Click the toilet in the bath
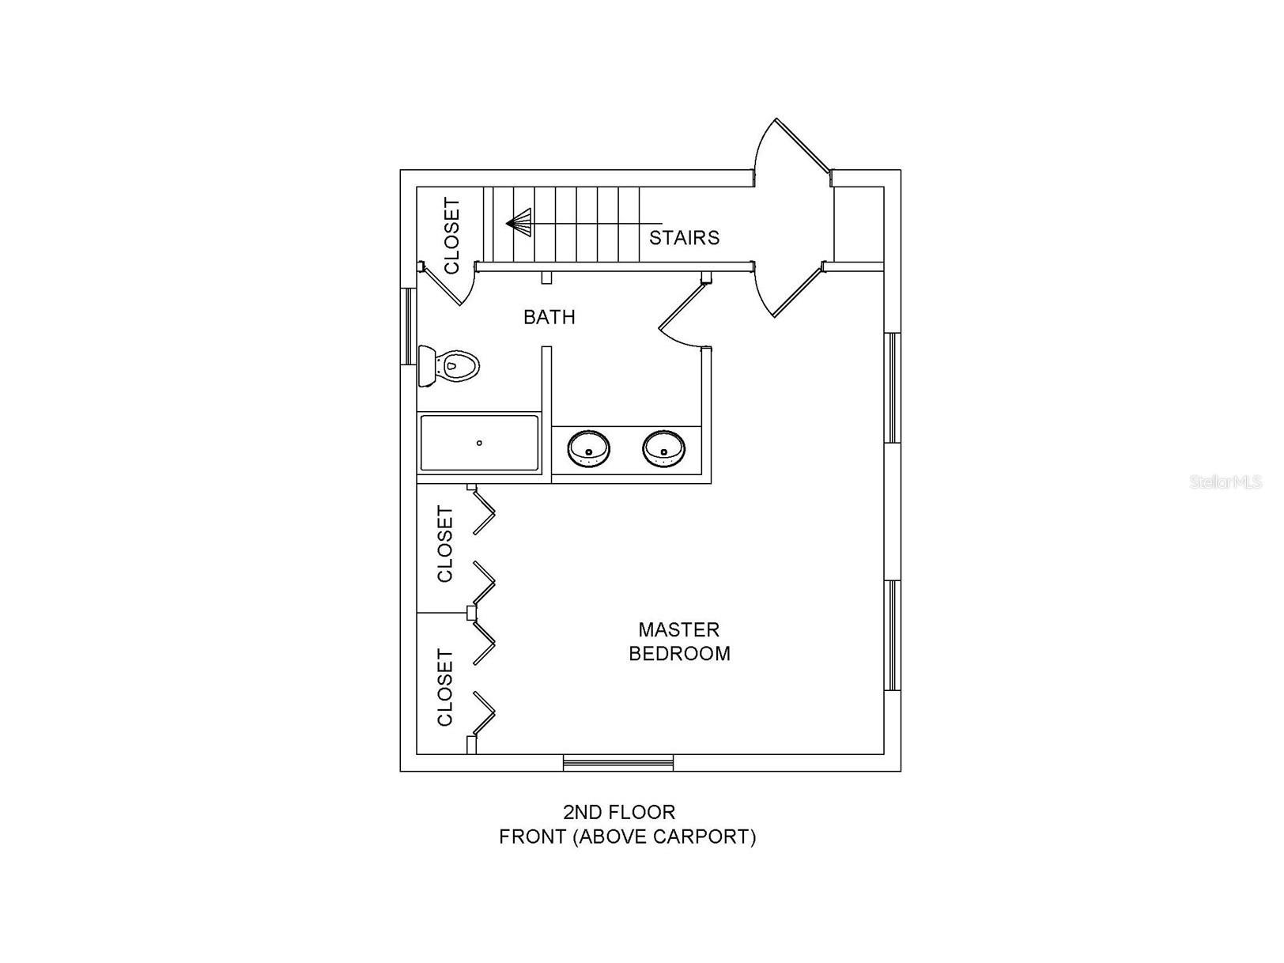click(448, 366)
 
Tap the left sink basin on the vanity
click(588, 449)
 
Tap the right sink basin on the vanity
click(663, 449)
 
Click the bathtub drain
click(479, 444)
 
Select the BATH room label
click(549, 317)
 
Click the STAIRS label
click(684, 237)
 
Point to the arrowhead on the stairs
click(519, 223)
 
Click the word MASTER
click(678, 629)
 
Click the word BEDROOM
click(679, 653)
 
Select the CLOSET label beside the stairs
click(452, 236)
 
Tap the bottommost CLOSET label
click(445, 688)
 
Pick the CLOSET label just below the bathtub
click(445, 544)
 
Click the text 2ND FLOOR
click(619, 812)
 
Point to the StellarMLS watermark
click(1225, 482)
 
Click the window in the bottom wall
click(618, 762)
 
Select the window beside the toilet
click(408, 327)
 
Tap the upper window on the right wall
click(892, 388)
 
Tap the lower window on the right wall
click(892, 636)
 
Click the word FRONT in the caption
click(532, 836)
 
